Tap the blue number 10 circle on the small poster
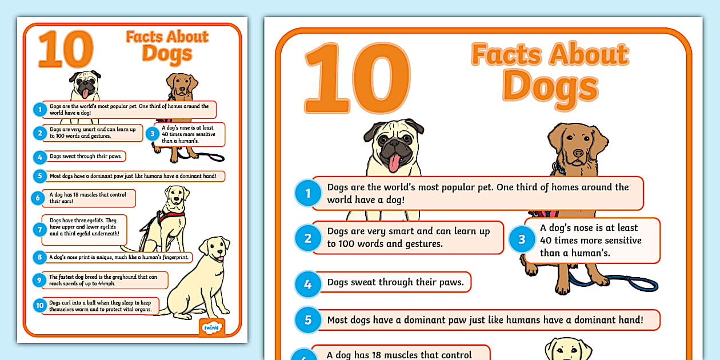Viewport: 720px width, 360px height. (39, 306)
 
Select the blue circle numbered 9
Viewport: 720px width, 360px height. (39, 280)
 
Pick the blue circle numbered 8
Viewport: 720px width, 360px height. (39, 257)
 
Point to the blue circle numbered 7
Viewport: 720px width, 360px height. (39, 230)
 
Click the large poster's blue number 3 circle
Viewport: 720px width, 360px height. (522, 240)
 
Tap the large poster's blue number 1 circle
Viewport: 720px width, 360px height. (308, 193)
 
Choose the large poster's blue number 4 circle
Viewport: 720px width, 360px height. (308, 284)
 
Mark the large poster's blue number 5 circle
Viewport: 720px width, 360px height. (308, 320)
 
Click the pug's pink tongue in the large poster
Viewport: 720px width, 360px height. (394, 163)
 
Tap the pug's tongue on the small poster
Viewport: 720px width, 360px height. (85, 93)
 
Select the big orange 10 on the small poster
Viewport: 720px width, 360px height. (66, 50)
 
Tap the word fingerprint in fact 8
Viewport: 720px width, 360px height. (173, 257)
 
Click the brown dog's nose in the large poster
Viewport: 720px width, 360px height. (578, 153)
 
